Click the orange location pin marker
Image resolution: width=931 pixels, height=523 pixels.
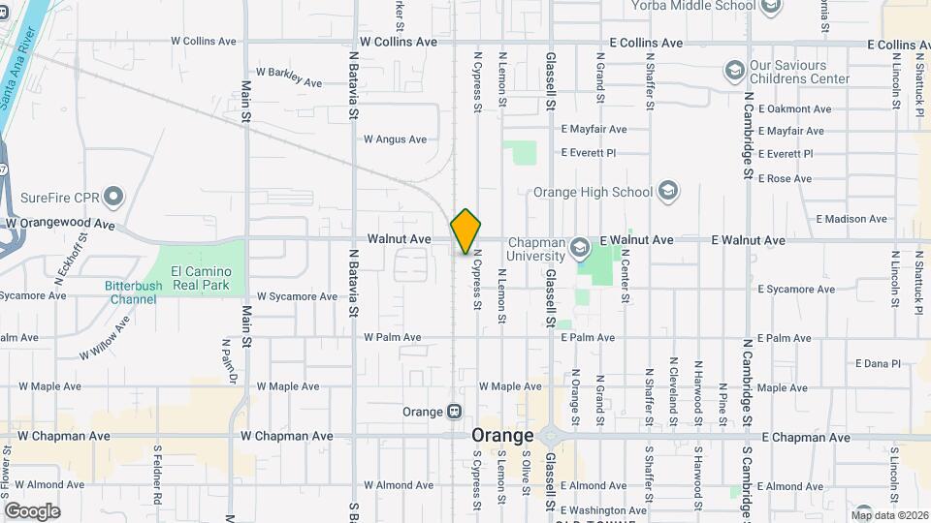465,231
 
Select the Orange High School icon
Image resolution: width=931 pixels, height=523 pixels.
667,191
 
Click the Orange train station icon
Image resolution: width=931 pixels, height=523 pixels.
454,412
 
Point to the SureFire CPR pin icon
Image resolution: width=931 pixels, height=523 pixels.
113,198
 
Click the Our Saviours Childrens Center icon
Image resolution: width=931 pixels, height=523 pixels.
734,71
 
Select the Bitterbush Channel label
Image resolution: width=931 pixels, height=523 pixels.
133,292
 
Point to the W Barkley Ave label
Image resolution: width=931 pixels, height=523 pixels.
288,77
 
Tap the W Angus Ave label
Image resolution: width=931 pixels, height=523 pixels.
395,139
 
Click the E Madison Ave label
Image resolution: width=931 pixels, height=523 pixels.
853,220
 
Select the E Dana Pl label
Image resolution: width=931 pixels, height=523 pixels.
878,364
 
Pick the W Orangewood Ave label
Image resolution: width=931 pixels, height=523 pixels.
60,224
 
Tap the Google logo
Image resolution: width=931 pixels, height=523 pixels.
32,511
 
